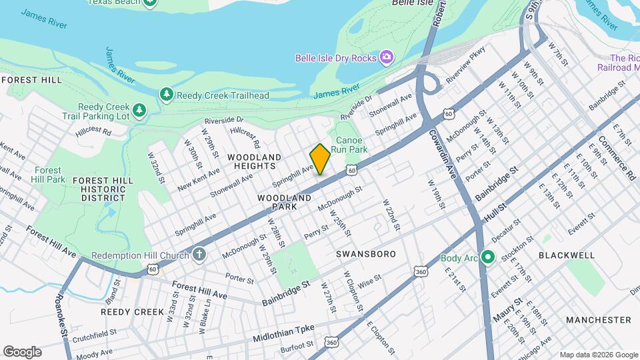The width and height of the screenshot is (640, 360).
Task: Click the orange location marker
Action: [x=320, y=159]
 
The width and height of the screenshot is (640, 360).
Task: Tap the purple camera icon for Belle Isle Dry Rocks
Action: [x=386, y=58]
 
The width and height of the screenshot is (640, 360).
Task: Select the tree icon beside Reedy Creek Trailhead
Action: [x=166, y=95]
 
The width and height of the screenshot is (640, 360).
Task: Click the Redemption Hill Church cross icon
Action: [x=199, y=254]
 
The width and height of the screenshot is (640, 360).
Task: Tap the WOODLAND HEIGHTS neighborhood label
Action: [x=254, y=162]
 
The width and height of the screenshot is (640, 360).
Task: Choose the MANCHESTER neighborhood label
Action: [x=598, y=320]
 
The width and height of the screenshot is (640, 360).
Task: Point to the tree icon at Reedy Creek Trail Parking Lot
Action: [x=139, y=109]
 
